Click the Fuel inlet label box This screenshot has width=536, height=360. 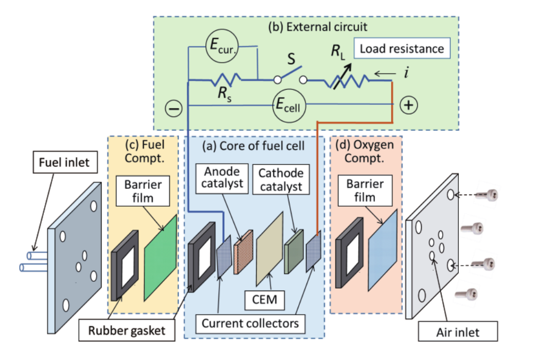[x=65, y=162]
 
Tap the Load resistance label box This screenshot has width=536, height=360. [x=401, y=49]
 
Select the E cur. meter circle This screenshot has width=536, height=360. [x=222, y=46]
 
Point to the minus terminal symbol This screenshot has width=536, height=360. [x=174, y=109]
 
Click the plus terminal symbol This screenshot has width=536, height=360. [x=409, y=105]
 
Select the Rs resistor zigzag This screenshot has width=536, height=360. [x=226, y=79]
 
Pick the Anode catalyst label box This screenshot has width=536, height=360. [x=222, y=178]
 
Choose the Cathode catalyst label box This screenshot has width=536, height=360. [x=281, y=179]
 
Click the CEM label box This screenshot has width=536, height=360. [x=264, y=300]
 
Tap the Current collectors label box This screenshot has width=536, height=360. [x=250, y=323]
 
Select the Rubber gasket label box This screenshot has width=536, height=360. [x=127, y=330]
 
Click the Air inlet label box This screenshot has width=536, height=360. [x=458, y=332]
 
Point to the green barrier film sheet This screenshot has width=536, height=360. [x=161, y=258]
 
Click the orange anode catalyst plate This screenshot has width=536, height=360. [x=243, y=252]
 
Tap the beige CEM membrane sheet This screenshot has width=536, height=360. [x=270, y=249]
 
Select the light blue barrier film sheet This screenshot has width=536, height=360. [x=383, y=250]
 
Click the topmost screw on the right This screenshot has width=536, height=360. [x=488, y=195]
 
